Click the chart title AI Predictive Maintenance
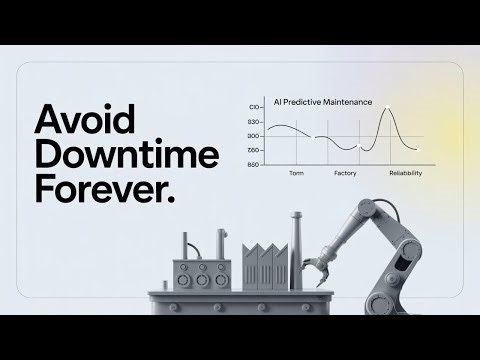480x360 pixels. coord(315,102)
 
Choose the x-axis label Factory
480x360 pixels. coord(344,173)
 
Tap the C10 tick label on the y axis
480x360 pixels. coord(254,107)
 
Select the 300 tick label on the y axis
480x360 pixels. coord(253,136)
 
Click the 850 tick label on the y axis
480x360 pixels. coord(253,164)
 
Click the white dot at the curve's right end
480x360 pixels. coord(419,150)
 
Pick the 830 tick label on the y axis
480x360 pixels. coord(253,122)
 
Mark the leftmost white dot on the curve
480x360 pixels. coord(317,137)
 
